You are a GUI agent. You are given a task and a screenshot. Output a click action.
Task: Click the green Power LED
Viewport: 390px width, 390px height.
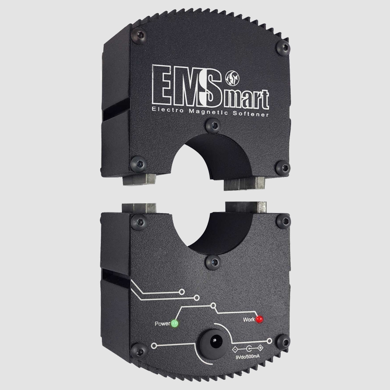point(175,324)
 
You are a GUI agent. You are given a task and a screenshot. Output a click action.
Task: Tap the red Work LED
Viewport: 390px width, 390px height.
point(259,319)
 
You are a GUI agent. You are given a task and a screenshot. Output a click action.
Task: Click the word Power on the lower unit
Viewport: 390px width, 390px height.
point(162,324)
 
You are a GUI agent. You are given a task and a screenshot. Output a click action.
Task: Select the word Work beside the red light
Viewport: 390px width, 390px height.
point(249,319)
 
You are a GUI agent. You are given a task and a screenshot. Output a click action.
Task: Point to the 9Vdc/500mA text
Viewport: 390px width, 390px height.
point(248,356)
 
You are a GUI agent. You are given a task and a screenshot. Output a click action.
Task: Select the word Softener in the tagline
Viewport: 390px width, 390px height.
point(251,114)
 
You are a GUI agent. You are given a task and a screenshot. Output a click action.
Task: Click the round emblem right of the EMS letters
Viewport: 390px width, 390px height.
point(233,78)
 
